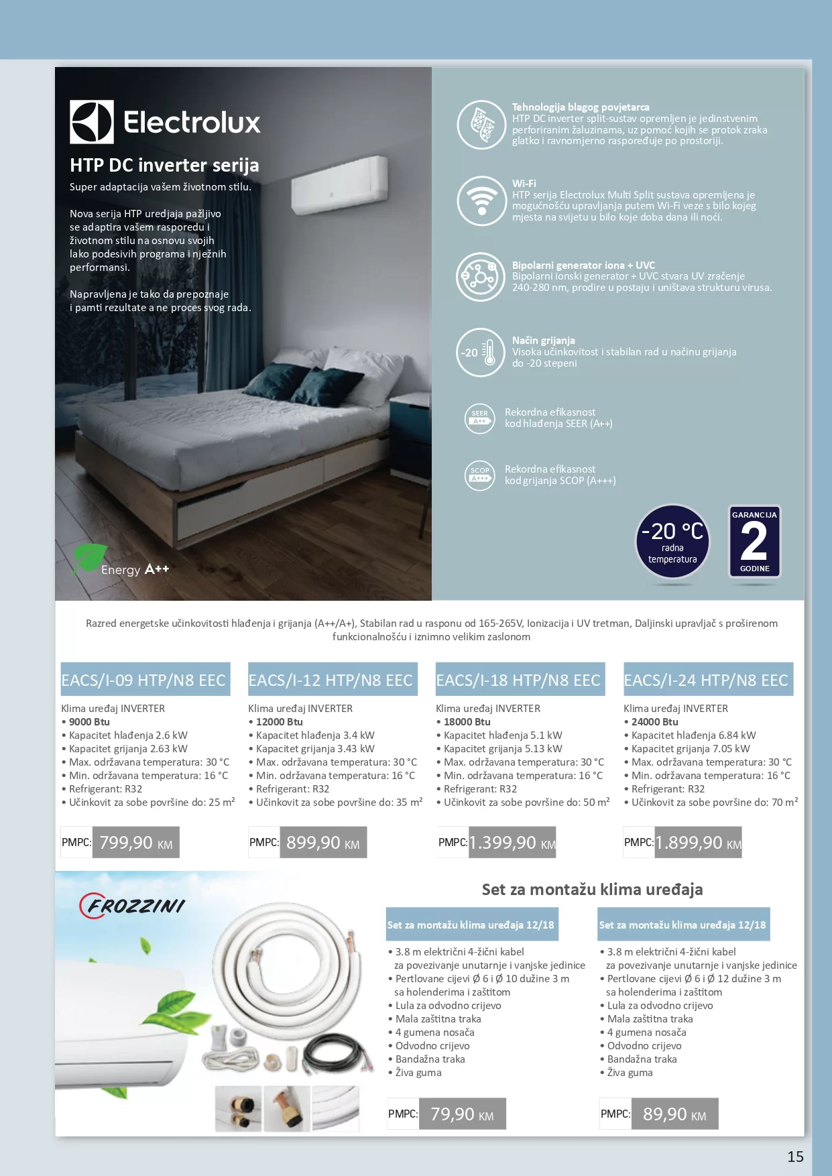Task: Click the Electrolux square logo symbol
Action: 92,122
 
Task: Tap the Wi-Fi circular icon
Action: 481,200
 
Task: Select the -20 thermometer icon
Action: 481,352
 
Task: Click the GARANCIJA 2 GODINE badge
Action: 754,542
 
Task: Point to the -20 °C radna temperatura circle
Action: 672,542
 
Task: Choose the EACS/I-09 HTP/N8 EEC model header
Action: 145,680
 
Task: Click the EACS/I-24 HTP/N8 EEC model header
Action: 707,680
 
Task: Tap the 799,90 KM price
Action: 135,843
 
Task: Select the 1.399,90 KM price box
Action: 512,843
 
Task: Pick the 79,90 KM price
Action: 462,1114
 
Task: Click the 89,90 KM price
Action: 674,1114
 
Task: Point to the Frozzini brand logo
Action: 132,906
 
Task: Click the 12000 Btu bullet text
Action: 279,722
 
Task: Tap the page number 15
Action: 795,1157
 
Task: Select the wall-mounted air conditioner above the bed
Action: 339,184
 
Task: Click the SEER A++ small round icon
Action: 479,418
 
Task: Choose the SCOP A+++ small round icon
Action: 479,475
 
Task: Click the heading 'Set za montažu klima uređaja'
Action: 592,890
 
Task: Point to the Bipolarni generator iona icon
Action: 481,276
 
